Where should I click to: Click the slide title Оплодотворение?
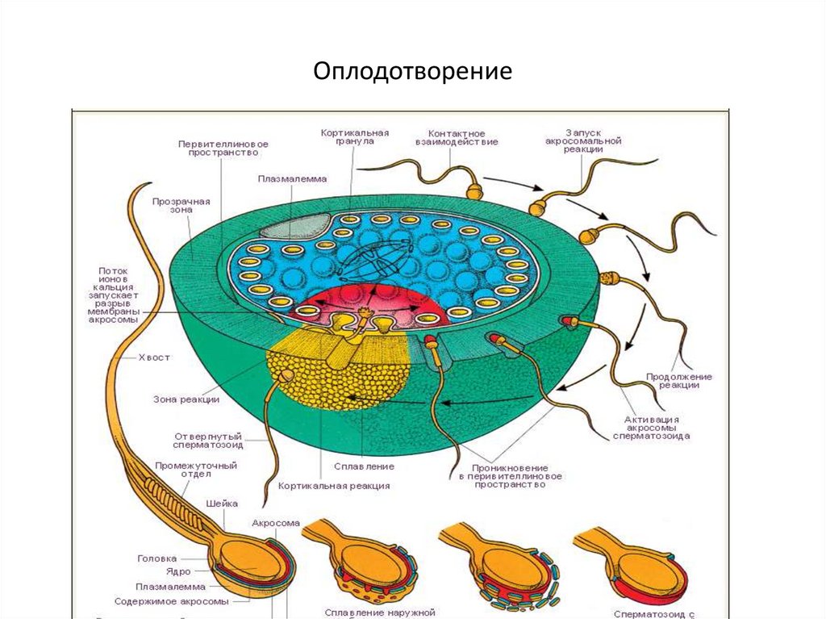point(413,73)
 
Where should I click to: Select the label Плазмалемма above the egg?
point(292,179)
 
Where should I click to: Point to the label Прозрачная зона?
point(181,204)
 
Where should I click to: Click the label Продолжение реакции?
point(678,381)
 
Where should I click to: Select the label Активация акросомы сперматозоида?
point(651,428)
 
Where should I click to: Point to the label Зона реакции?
point(186,399)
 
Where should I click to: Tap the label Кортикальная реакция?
point(334,486)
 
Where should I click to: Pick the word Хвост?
point(154,358)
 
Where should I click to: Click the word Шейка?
point(222,504)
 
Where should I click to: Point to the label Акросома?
point(276,523)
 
